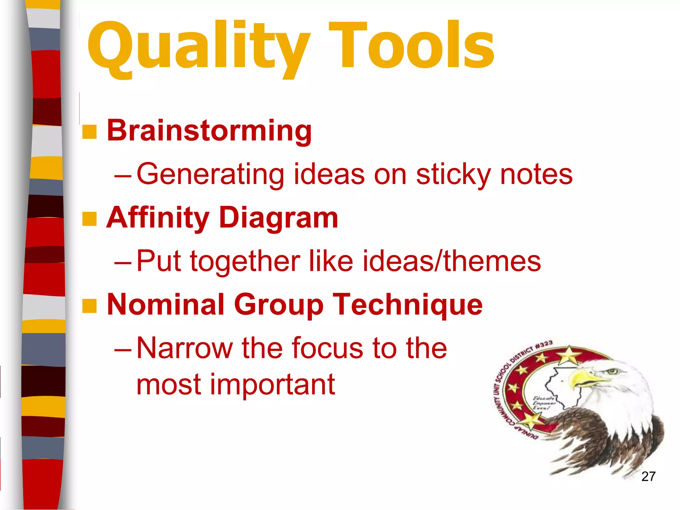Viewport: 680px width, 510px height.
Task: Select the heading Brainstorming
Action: point(209,131)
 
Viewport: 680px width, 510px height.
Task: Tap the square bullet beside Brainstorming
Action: point(89,132)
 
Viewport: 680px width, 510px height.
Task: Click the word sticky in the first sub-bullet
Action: point(453,175)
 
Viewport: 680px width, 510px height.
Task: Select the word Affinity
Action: point(158,218)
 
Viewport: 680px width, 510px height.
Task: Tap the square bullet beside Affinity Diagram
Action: point(89,219)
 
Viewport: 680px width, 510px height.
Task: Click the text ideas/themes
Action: point(452,261)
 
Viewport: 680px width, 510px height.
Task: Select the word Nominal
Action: point(166,304)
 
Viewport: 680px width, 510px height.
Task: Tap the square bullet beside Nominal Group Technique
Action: point(89,306)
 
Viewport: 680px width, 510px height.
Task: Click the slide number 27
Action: point(648,476)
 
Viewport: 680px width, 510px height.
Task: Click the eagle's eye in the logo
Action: point(612,371)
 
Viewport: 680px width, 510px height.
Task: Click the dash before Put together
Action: point(123,262)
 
